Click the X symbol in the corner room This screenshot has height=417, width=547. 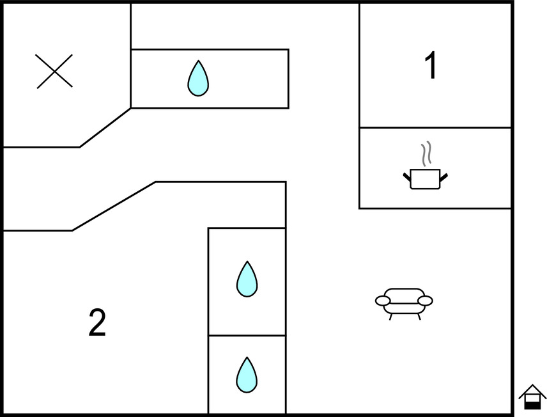coord(54,71)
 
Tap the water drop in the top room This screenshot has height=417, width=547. coord(198,79)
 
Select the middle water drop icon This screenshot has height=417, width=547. coord(247,279)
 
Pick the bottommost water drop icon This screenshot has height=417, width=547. coord(246,375)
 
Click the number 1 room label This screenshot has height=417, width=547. coord(432,65)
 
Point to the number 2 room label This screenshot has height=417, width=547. coord(97,323)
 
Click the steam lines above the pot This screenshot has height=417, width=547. coord(426,153)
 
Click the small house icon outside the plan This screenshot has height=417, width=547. coord(532,397)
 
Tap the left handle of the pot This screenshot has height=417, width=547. coord(406,175)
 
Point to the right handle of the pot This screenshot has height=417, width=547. coord(444,175)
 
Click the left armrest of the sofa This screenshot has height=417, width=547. coord(383,300)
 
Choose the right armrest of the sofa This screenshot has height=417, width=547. coord(426,300)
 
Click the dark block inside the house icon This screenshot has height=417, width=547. coord(532,404)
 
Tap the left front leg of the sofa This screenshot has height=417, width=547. coord(390,316)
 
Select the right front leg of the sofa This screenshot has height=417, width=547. coord(419,316)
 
